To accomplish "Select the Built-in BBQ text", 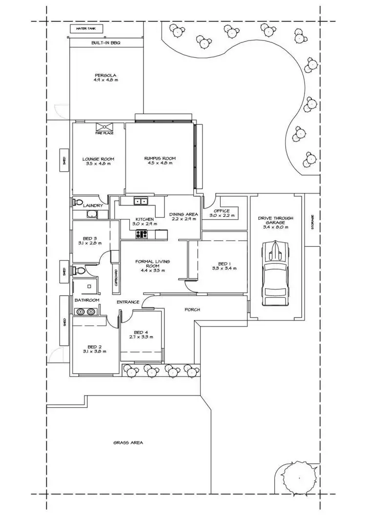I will tap(105, 43).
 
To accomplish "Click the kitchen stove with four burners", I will tap(142, 234).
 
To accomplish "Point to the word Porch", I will tap(192, 310).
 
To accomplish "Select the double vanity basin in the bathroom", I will tap(87, 314).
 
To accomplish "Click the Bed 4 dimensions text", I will tap(141, 337).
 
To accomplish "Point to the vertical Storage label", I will tap(313, 222).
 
